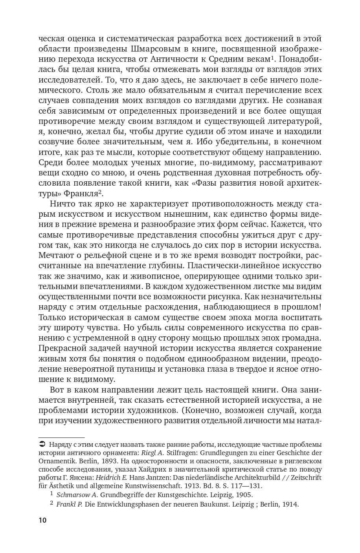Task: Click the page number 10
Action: (42, 520)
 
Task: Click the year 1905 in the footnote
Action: (245, 495)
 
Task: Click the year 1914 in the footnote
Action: (290, 504)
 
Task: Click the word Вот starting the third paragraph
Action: (58, 390)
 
